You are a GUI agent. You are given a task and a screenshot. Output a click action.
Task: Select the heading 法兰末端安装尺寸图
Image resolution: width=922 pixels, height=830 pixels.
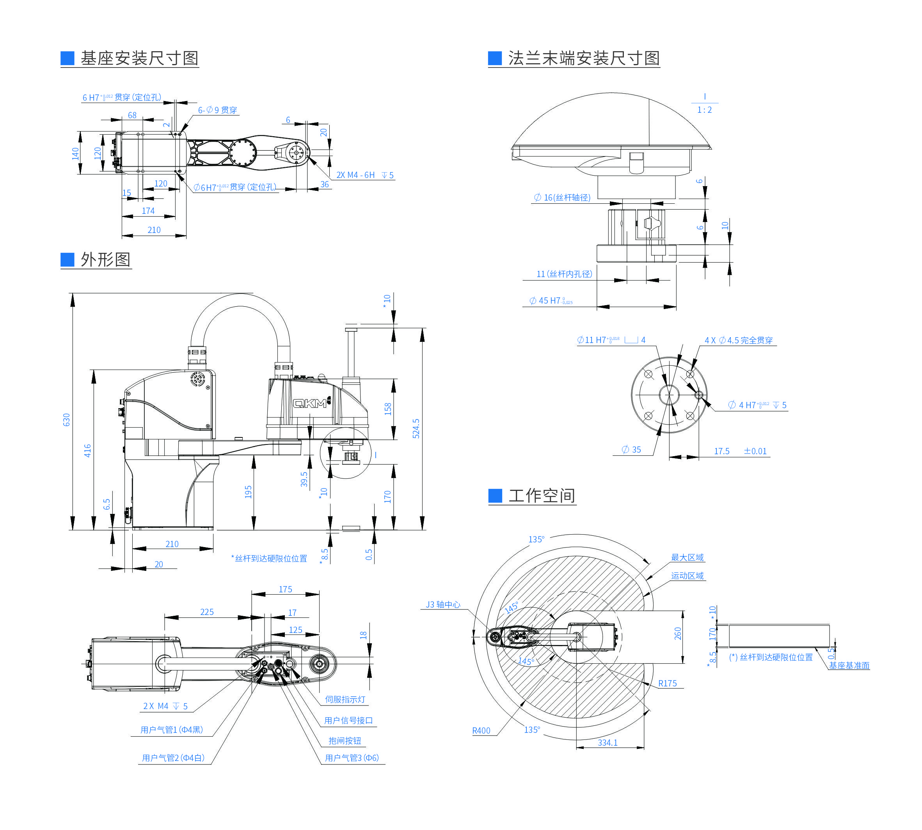[584, 59]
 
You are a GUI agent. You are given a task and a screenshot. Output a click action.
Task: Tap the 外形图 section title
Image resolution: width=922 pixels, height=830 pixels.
[105, 259]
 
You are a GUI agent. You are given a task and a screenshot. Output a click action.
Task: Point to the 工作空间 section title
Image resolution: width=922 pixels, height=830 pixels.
[541, 496]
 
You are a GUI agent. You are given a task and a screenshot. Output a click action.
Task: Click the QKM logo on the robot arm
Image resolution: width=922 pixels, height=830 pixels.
[310, 403]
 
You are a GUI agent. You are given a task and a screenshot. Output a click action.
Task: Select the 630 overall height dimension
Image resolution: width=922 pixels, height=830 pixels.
[67, 419]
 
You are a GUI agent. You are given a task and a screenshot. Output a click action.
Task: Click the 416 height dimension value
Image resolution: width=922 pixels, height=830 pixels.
[87, 451]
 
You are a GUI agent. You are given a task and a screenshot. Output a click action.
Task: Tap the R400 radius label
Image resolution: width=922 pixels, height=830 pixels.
[481, 730]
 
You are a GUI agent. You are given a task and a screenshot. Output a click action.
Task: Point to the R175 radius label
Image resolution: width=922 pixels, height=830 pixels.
[667, 683]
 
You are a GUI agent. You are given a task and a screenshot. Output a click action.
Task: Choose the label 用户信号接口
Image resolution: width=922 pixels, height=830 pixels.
[348, 720]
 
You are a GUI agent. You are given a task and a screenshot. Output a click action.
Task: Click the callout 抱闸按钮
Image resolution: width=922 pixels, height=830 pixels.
[345, 741]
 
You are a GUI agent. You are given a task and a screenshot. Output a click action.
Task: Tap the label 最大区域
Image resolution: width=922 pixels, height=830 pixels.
[687, 557]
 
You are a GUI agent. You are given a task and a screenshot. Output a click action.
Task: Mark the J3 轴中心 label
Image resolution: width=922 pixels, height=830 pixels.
[443, 604]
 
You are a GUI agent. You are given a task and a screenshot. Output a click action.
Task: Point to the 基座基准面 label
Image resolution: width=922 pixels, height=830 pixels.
[849, 665]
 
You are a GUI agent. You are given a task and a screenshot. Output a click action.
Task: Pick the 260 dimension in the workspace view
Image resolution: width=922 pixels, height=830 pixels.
[678, 633]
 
